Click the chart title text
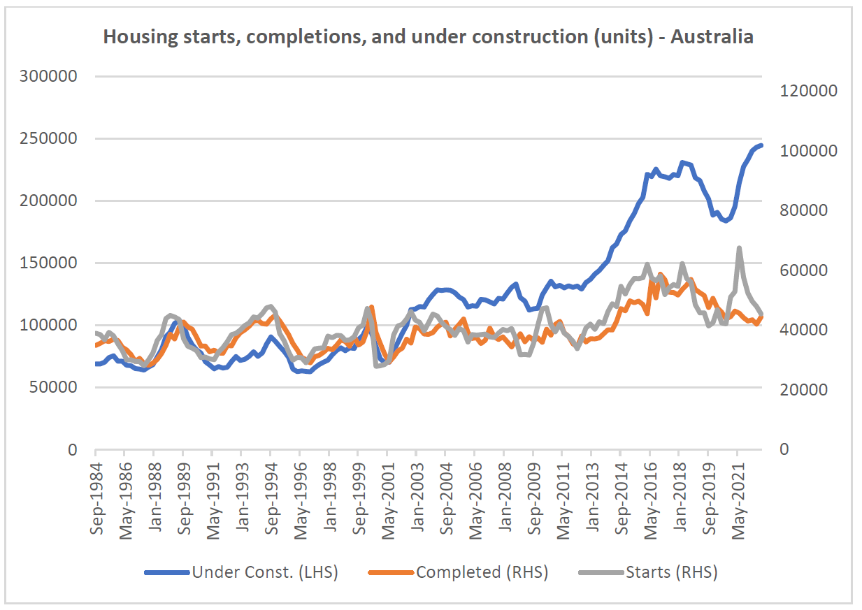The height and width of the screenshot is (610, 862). [x=428, y=37]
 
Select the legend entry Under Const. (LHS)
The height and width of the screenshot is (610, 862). [x=241, y=572]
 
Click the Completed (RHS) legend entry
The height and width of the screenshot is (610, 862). [x=459, y=572]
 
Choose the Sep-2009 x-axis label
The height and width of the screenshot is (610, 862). [x=533, y=493]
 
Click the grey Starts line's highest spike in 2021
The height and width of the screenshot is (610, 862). [x=739, y=248]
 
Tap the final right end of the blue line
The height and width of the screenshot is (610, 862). [x=761, y=145]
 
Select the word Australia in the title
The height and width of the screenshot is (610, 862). [x=712, y=37]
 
